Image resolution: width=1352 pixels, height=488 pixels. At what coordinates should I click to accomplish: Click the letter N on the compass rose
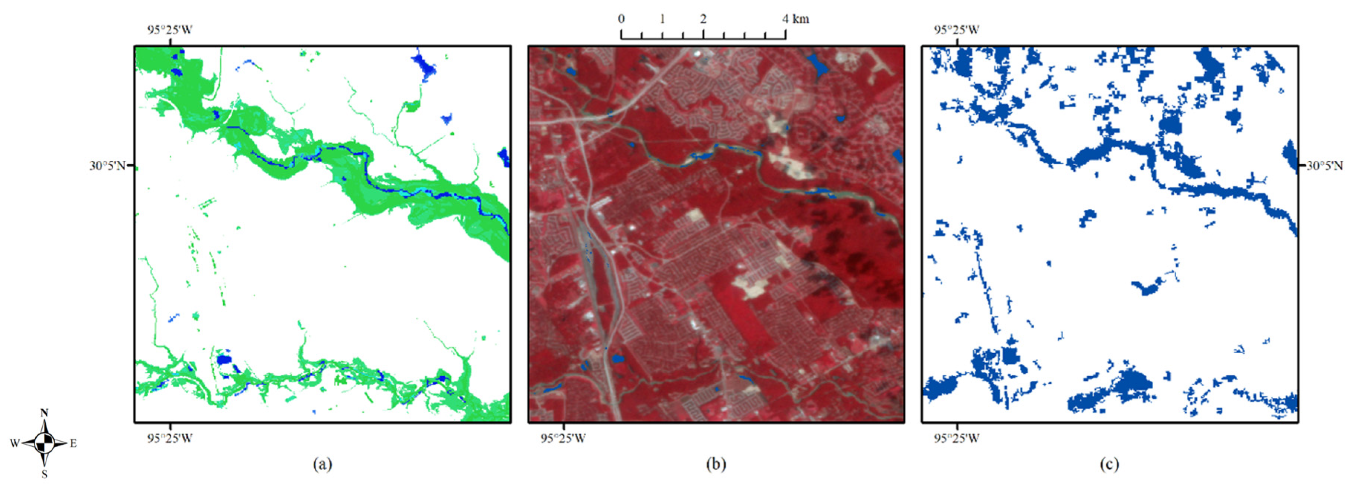(x=44, y=413)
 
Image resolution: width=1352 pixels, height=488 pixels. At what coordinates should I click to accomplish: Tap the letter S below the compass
(x=45, y=474)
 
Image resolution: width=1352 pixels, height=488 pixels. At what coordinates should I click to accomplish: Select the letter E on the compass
(x=74, y=443)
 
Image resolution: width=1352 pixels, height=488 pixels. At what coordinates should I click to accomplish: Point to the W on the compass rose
(x=15, y=443)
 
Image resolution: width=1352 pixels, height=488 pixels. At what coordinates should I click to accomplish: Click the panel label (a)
(x=322, y=464)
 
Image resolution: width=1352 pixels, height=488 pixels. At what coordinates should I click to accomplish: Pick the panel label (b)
(x=716, y=464)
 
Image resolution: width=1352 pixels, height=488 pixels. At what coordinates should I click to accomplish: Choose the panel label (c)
(x=1109, y=464)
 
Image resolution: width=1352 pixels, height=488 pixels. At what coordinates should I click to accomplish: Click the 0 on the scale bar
(x=622, y=19)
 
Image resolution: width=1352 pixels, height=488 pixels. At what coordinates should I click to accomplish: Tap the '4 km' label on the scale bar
(x=796, y=19)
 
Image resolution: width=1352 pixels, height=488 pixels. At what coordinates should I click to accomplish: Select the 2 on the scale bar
(x=703, y=19)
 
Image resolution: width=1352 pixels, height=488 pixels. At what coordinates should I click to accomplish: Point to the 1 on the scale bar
(x=662, y=19)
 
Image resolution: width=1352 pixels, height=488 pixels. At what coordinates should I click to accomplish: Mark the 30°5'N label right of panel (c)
(x=1324, y=166)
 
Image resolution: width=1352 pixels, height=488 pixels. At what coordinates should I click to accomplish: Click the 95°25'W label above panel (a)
(x=169, y=29)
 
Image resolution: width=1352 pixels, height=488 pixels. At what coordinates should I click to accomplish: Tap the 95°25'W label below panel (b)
(x=563, y=438)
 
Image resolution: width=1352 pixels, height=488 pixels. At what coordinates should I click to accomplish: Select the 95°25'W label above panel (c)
(x=957, y=29)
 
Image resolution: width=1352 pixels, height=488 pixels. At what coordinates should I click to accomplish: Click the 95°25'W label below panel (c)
(x=957, y=438)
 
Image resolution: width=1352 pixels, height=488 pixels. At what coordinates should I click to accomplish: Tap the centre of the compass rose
(x=45, y=443)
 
